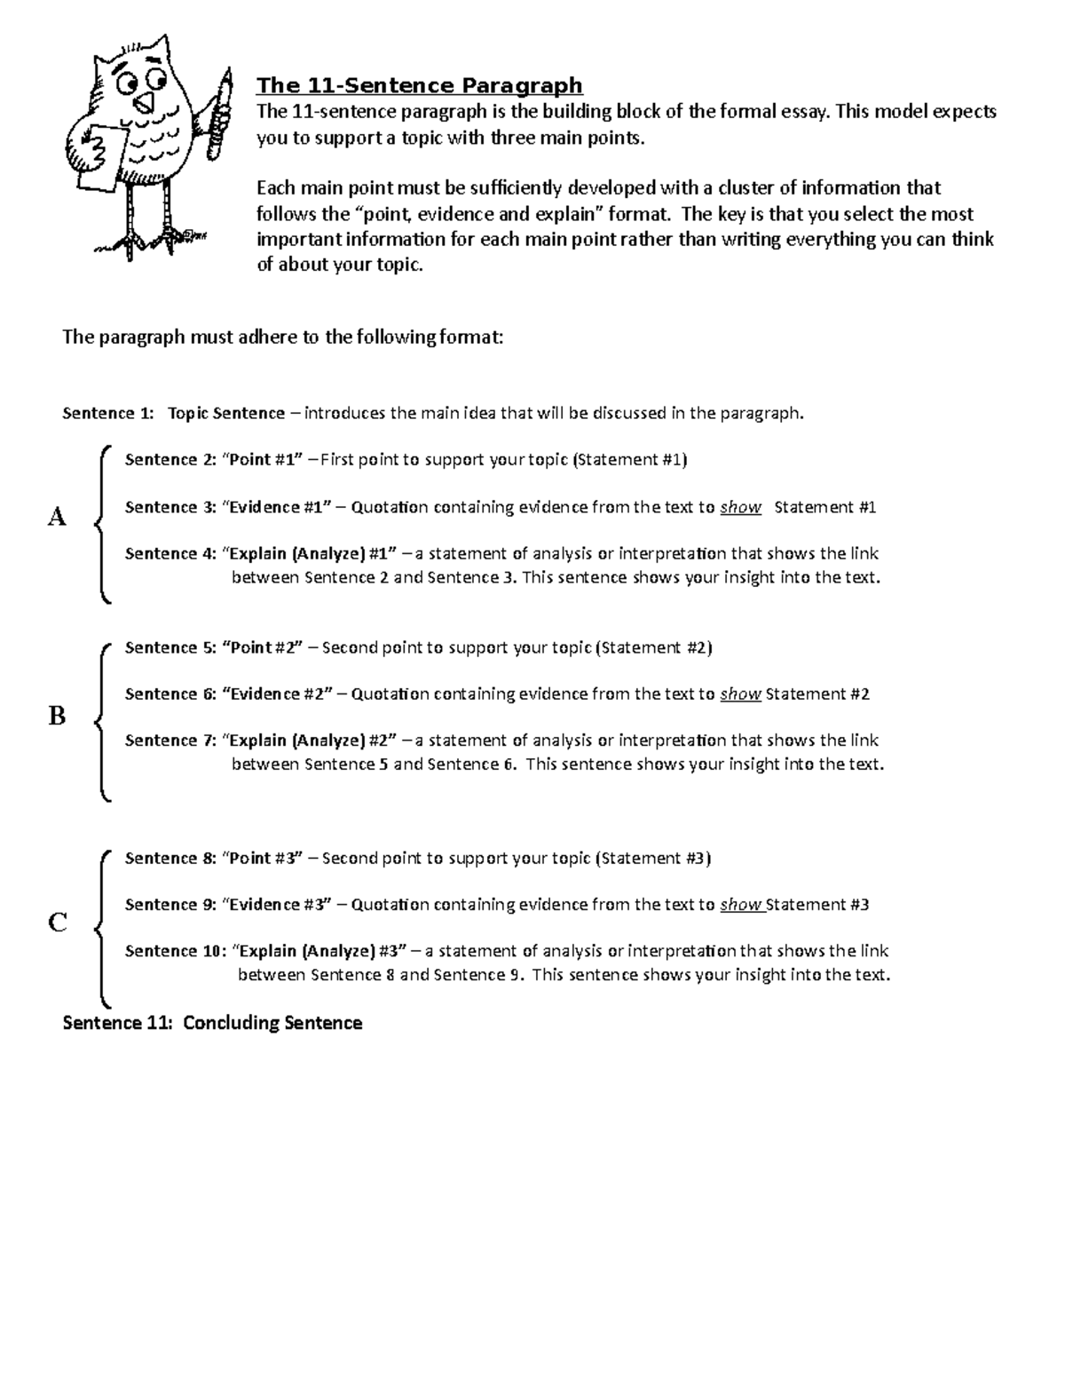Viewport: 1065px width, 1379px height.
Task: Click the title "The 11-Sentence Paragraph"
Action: coord(419,85)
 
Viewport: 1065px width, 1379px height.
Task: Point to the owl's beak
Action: coord(142,101)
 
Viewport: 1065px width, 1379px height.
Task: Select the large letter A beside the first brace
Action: coord(57,517)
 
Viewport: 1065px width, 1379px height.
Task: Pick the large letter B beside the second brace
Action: coord(57,716)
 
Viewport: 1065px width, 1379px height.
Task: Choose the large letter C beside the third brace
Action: coord(57,923)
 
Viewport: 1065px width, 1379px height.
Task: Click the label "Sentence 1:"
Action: coord(107,413)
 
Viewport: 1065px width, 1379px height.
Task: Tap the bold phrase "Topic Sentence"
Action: coord(226,413)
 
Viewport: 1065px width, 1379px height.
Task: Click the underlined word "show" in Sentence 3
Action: coord(740,507)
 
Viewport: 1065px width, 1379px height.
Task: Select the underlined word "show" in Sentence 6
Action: coord(740,693)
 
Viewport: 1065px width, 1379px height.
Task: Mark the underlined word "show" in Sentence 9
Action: coord(740,904)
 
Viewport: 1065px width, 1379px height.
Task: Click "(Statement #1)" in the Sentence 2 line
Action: coord(630,459)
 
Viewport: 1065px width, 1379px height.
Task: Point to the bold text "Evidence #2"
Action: coord(277,693)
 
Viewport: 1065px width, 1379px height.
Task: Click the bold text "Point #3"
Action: coord(263,858)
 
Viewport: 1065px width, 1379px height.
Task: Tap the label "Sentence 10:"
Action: coord(176,950)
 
